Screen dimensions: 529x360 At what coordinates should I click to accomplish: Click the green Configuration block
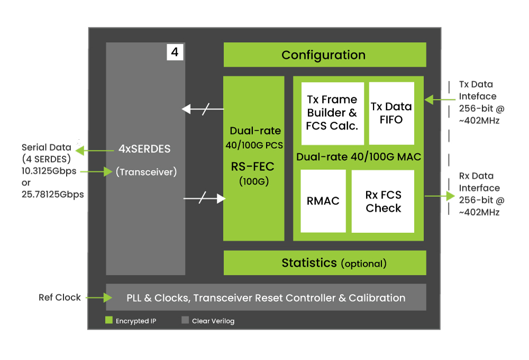click(325, 55)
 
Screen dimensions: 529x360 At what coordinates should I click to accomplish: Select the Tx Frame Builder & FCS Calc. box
click(332, 113)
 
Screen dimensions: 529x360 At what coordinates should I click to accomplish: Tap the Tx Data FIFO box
click(391, 113)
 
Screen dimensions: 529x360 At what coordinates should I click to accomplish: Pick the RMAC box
click(323, 201)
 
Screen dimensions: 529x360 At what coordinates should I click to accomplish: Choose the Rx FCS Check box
click(383, 201)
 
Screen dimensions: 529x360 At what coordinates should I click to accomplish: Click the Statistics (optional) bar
click(325, 263)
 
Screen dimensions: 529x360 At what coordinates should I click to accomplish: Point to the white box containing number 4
click(175, 52)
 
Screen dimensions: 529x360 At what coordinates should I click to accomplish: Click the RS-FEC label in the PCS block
click(253, 166)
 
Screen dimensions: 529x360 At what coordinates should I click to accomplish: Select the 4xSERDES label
click(144, 149)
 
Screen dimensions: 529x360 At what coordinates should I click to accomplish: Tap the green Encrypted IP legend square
click(108, 320)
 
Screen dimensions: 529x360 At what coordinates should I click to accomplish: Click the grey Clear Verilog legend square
click(185, 320)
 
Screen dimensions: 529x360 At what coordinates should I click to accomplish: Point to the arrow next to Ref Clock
click(99, 298)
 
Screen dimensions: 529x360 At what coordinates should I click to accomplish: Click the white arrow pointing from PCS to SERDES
click(203, 109)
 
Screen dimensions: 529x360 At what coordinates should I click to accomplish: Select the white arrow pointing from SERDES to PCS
click(204, 198)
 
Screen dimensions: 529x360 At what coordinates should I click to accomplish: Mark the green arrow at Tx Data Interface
click(440, 100)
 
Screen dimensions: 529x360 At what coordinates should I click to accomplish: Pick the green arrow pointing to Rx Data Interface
click(440, 196)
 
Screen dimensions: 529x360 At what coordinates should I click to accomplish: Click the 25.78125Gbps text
click(52, 194)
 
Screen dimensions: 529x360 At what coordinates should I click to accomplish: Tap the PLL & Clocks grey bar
click(266, 297)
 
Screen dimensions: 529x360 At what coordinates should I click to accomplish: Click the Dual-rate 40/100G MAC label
click(359, 157)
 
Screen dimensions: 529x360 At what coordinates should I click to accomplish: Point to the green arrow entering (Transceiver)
click(96, 172)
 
